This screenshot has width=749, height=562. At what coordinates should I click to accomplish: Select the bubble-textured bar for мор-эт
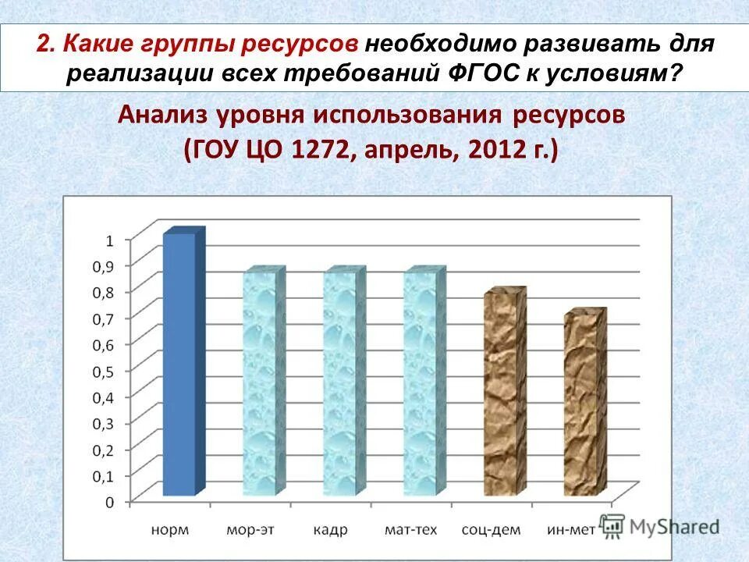(x=263, y=384)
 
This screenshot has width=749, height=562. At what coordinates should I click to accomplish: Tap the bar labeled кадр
(x=343, y=384)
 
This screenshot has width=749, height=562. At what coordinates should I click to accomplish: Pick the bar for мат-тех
(x=424, y=384)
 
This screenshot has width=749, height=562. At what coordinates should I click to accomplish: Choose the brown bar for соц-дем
(x=504, y=394)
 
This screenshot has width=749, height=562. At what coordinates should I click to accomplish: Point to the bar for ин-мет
(x=584, y=404)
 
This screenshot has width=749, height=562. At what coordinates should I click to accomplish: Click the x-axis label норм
(x=169, y=530)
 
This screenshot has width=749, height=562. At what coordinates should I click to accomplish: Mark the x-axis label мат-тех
(x=410, y=530)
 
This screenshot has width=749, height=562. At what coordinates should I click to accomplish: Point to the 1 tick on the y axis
(x=108, y=240)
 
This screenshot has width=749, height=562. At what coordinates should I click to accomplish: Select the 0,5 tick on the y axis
(x=103, y=371)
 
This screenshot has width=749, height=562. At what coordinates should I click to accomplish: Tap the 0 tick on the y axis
(x=108, y=502)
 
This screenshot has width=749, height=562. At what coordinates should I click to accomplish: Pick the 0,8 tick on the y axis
(x=103, y=293)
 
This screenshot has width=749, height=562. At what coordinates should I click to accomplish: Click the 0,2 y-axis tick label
(x=103, y=450)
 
